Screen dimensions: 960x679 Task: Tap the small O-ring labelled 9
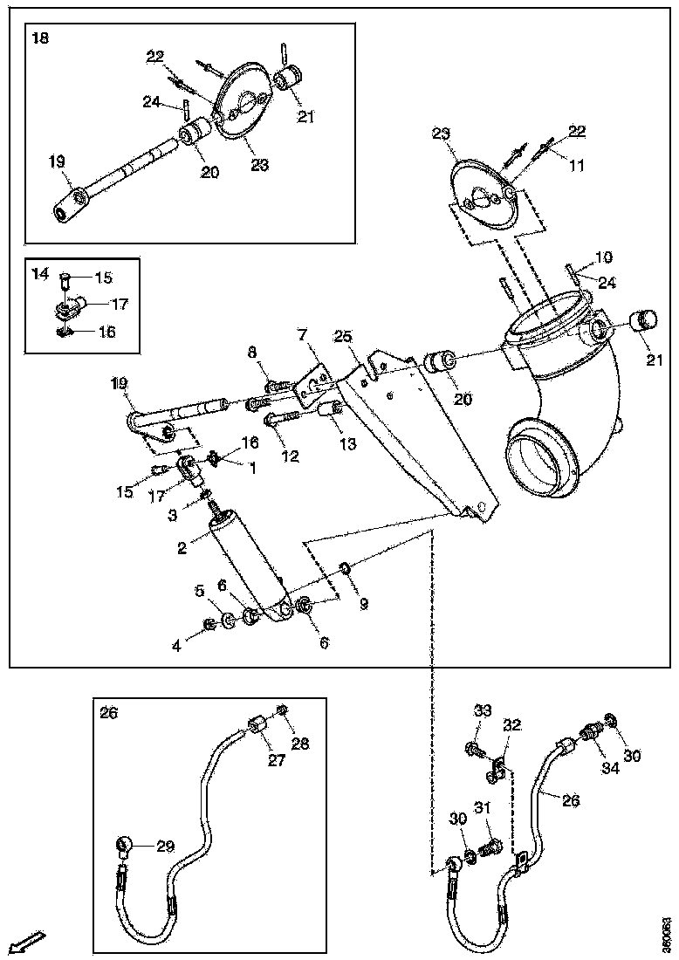(345, 570)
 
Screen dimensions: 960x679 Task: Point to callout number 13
(347, 444)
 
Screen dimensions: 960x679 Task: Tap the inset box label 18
(40, 38)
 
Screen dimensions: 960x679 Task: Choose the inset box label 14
(40, 273)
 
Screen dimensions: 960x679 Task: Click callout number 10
(604, 257)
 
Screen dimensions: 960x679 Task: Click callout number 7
(301, 334)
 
